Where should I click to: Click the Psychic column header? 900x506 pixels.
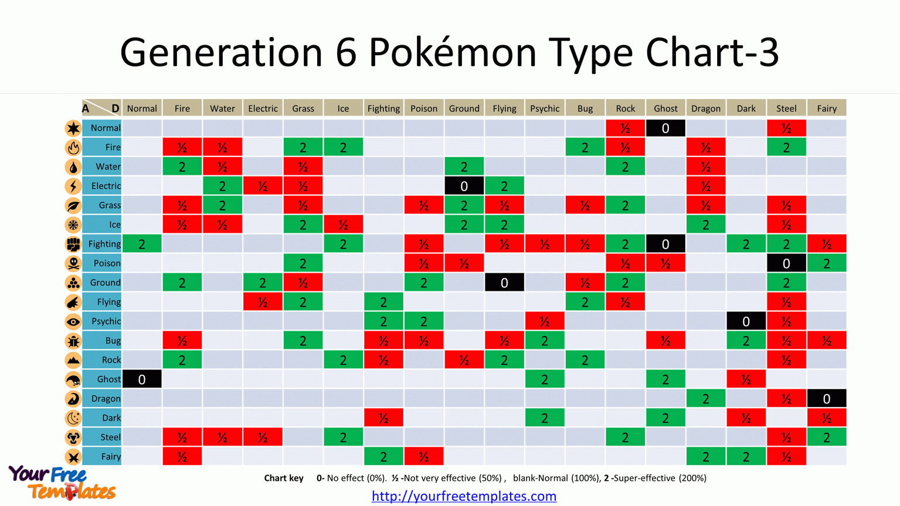[x=545, y=108]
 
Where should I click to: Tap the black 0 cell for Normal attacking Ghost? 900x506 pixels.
[x=665, y=128]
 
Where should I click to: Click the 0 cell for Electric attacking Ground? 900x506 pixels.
[x=464, y=186]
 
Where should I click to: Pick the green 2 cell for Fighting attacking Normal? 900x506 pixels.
[x=142, y=244]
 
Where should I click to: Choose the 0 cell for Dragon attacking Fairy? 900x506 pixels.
[x=826, y=399]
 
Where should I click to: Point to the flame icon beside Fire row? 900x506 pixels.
[x=73, y=147]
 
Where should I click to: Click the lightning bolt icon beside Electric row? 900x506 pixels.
[x=73, y=186]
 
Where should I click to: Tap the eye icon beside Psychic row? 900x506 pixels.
[x=73, y=321]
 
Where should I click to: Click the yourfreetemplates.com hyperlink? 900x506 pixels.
[x=464, y=496]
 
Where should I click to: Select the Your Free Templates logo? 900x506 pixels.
[x=62, y=483]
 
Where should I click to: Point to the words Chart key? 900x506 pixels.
[x=284, y=478]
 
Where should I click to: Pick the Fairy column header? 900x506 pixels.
[x=826, y=108]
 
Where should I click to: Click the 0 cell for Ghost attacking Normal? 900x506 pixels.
[x=142, y=379]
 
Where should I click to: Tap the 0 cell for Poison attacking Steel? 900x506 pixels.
[x=786, y=263]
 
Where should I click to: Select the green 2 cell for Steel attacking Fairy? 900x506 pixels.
[x=826, y=437]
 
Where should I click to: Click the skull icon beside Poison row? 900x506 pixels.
[x=73, y=263]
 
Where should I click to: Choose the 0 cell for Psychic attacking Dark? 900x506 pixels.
[x=746, y=321]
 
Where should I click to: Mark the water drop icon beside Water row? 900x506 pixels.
[x=73, y=167]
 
